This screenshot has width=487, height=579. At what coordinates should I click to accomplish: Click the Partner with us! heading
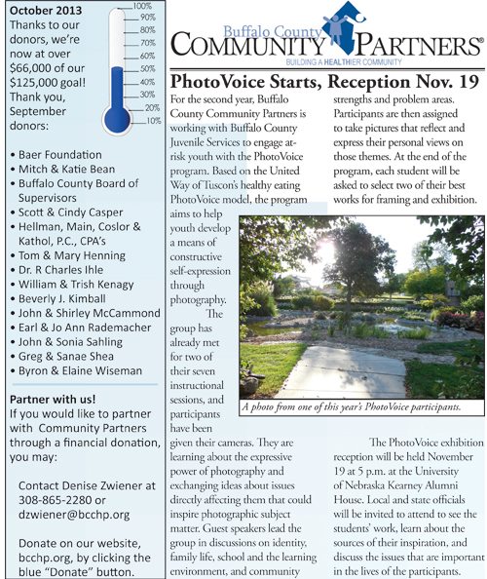(53, 400)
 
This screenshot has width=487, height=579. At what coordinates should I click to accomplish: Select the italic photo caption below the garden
(356, 406)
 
